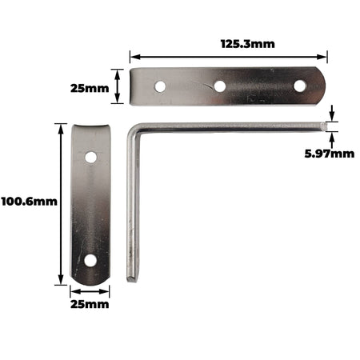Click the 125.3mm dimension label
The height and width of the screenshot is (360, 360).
pos(248,44)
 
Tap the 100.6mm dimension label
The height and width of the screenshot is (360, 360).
pos(30,202)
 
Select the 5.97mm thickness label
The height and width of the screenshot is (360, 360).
pos(330,154)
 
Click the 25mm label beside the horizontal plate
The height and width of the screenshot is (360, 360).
pos(90,88)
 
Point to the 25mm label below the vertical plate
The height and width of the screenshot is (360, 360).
pos(90,304)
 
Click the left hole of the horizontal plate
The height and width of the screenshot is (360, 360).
pos(160,86)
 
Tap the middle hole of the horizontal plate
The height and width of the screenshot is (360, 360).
pos(220,86)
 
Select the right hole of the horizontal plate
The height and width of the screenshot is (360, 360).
pos(299,86)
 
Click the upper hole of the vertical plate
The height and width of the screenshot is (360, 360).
pos(91,158)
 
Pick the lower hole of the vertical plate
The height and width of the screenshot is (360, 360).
pos(90,261)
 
